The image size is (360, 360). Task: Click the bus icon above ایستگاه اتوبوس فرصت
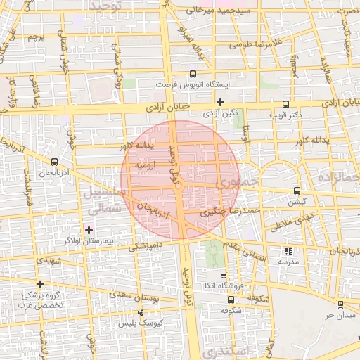pos(193,73)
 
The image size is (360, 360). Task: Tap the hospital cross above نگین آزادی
pos(220,102)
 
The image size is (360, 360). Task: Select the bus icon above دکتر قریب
pos(285,102)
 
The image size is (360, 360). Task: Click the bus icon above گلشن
pos(297,190)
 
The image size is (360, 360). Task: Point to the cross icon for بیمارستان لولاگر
pos(88,230)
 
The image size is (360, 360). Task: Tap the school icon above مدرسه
pos(288,251)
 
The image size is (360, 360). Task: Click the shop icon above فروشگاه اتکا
pos(224,276)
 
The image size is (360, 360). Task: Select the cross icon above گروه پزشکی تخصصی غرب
pos(40,285)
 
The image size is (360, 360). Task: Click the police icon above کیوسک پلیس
pos(141,311)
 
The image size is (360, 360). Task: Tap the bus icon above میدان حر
pos(341,304)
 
